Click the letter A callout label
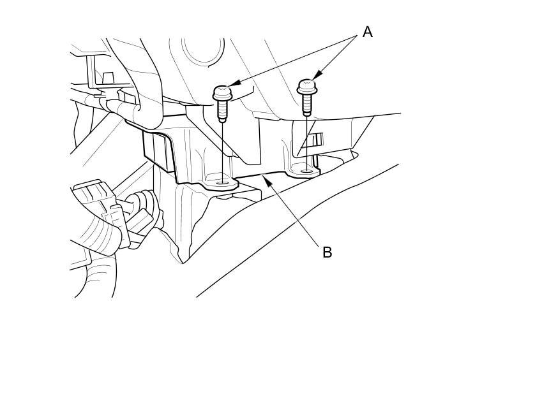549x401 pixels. point(367,32)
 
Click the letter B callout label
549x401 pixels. point(327,252)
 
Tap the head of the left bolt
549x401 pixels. point(222,92)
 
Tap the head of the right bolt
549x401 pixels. point(307,87)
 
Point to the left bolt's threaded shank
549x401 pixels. point(222,111)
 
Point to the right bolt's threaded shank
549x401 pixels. point(307,105)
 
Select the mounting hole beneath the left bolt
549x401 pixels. point(222,183)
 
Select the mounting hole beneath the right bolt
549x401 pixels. point(307,171)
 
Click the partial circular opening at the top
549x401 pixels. point(202,50)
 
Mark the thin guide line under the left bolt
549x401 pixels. point(222,150)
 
